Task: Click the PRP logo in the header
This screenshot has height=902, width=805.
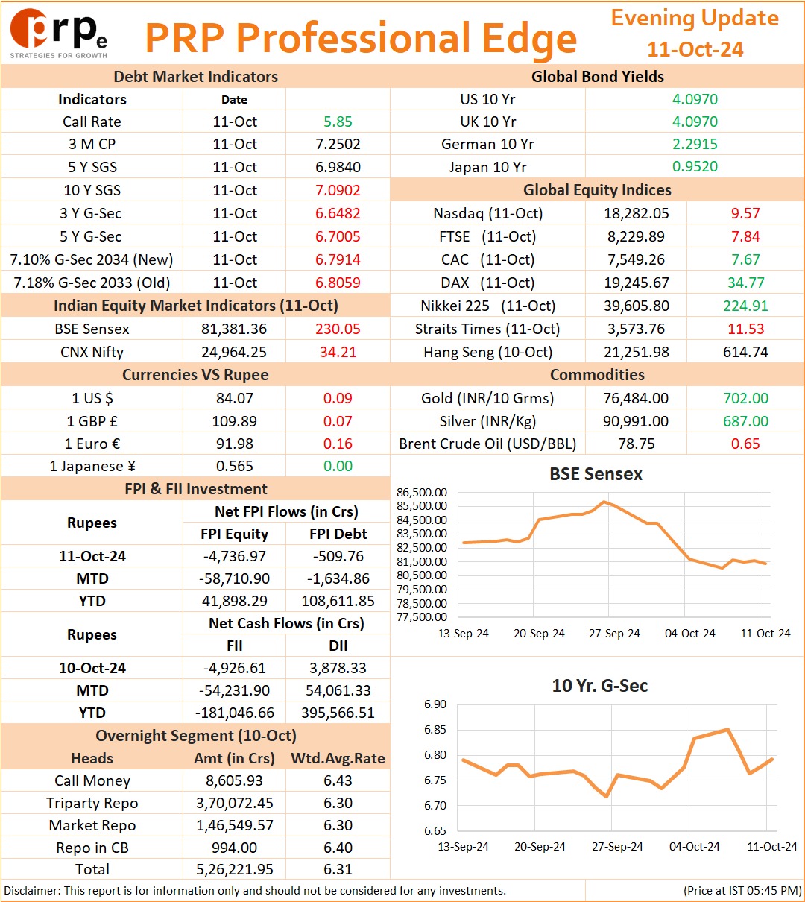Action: [59, 33]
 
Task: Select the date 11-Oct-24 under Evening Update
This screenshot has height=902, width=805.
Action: [695, 49]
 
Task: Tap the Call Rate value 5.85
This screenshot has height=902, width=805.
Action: [338, 122]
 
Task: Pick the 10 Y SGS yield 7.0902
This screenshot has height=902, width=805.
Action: [338, 190]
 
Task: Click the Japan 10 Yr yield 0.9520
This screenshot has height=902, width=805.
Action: [695, 166]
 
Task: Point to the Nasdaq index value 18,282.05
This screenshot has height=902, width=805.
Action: [637, 213]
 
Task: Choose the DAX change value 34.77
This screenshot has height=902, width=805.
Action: [746, 283]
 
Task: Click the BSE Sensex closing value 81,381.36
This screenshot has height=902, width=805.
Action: [234, 329]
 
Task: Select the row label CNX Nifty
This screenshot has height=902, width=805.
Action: [92, 352]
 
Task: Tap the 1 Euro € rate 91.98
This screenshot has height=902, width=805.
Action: [235, 444]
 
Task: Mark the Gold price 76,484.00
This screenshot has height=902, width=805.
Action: [637, 397]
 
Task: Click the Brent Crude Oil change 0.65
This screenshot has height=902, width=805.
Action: [746, 444]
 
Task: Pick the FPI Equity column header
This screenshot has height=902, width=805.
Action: [235, 533]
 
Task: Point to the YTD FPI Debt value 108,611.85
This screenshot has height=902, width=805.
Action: [338, 601]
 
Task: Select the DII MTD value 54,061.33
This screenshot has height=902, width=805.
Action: [338, 690]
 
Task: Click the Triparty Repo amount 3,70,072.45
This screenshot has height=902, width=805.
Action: [235, 803]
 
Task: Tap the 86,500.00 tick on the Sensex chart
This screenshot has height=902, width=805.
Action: [422, 493]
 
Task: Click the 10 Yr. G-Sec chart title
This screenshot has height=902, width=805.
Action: [600, 686]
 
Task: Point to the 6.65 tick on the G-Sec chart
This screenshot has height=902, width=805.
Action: [435, 830]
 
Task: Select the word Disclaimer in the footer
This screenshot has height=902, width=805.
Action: [31, 890]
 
